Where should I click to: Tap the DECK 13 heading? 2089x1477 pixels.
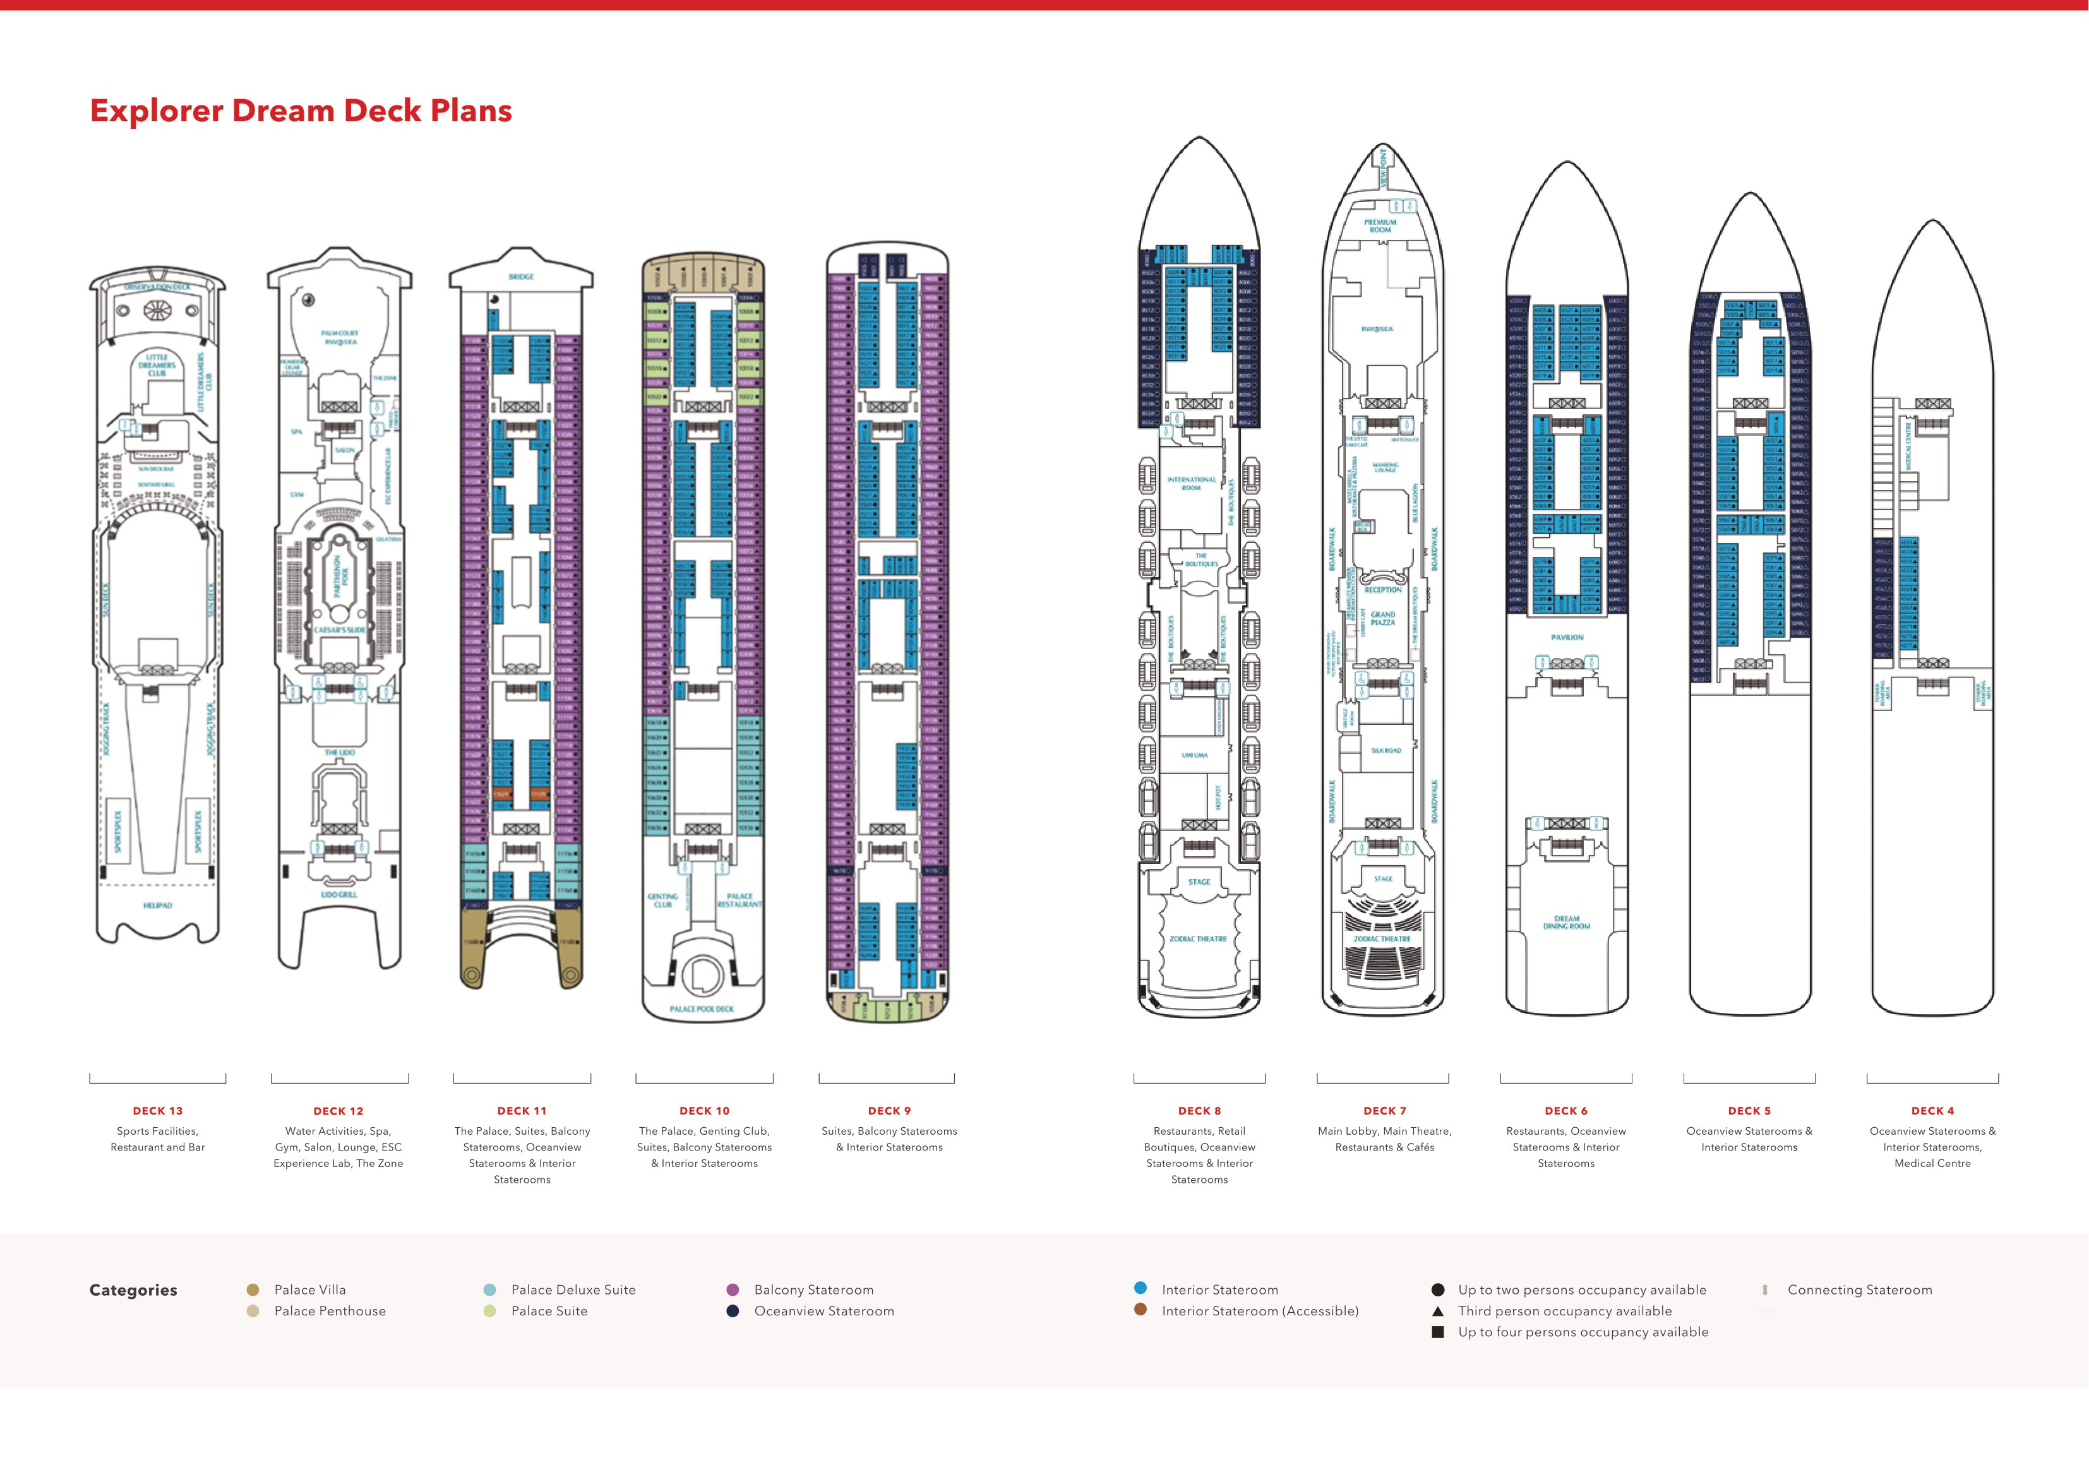pos(157,1110)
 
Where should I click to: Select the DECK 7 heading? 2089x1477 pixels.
pos(1384,1110)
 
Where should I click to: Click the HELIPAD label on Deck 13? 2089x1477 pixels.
pos(157,906)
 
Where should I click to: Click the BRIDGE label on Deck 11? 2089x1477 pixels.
pos(522,277)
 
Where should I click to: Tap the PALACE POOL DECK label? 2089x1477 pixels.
pos(702,1008)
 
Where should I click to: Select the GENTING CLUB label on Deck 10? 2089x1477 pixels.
pos(662,900)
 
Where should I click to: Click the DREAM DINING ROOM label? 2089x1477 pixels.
pos(1567,922)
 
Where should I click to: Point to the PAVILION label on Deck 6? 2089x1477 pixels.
pos(1567,637)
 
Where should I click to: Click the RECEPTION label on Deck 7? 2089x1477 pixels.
pos(1383,590)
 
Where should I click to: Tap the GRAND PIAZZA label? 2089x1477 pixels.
pos(1383,619)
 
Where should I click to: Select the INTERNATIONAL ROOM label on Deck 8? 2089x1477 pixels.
pos(1191,483)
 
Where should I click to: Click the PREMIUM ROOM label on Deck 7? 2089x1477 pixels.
pos(1380,225)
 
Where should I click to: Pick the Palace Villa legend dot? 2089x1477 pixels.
pos(253,1289)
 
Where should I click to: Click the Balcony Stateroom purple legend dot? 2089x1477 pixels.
pos(733,1289)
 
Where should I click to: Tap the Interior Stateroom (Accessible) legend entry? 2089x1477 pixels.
pos(1259,1310)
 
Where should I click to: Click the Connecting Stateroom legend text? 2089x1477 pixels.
pos(1859,1289)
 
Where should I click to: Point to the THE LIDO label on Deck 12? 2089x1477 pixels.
pos(339,753)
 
